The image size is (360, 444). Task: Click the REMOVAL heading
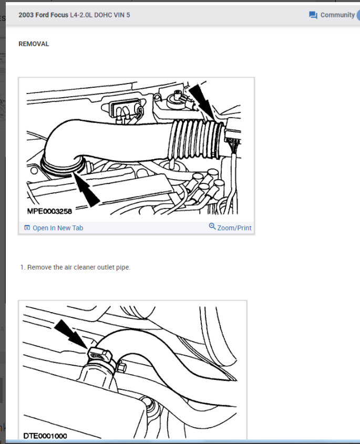pos(34,44)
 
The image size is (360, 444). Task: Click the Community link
pos(337,15)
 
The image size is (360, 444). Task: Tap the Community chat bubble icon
pos(313,15)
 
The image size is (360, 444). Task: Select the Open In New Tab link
pos(58,228)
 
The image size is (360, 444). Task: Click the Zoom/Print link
pos(234,228)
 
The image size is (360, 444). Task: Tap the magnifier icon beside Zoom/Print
pos(212,226)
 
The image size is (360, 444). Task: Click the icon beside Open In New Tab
pos(27,228)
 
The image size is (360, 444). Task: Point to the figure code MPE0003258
pos(49,211)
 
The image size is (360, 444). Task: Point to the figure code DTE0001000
pos(45,436)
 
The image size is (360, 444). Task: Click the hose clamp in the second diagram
pos(99,357)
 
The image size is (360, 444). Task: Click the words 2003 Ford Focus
pos(44,15)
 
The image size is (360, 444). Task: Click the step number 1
pos(23,267)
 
